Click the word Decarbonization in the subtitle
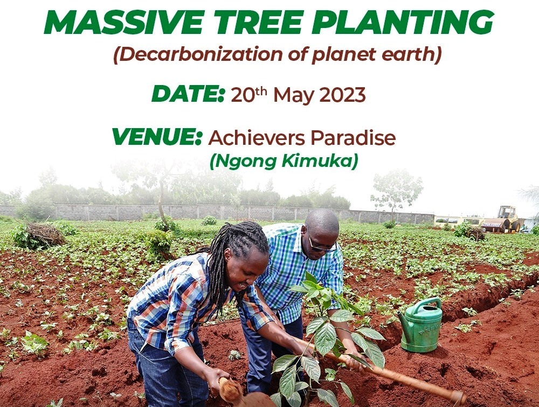190,54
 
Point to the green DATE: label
188,94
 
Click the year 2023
342,95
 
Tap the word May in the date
293,96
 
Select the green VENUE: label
157,137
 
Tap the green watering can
421,325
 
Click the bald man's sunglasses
321,245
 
